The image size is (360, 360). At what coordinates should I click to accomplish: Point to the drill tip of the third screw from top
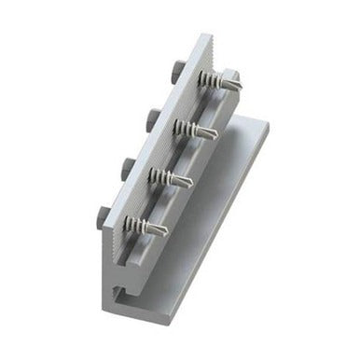[x=190, y=181]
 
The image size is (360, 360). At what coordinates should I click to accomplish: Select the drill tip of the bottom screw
[x=166, y=228]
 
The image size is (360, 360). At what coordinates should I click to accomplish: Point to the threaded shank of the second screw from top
[x=198, y=130]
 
